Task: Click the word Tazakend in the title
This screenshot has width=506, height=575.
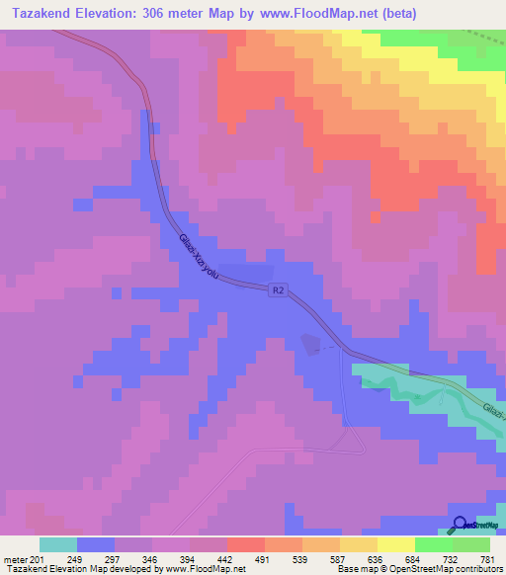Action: click(44, 14)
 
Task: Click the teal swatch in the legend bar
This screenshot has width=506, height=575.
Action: click(58, 544)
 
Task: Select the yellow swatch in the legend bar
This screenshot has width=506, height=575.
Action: click(395, 544)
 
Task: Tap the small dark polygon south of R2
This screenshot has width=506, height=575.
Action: click(311, 343)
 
